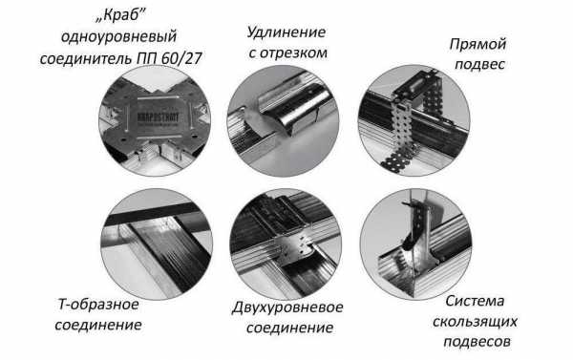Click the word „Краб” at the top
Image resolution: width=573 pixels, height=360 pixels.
click(x=120, y=16)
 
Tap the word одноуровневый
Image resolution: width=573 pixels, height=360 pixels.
click(x=118, y=37)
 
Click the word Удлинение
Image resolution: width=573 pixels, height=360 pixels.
click(x=286, y=32)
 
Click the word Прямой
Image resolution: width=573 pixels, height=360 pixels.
click(x=477, y=45)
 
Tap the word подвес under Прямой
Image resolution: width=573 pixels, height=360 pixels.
click(x=479, y=65)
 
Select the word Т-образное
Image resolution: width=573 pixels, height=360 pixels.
click(x=98, y=305)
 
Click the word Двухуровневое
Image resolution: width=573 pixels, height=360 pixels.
click(x=287, y=307)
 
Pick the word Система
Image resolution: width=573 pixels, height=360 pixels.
click(x=475, y=302)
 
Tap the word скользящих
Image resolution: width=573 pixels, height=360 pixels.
click(x=475, y=322)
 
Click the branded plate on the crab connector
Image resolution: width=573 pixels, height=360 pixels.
click(x=158, y=116)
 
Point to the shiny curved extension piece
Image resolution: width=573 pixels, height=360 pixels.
click(x=294, y=110)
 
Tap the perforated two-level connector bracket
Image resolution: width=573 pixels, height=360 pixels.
click(x=295, y=244)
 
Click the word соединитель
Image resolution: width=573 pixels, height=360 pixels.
click(x=87, y=58)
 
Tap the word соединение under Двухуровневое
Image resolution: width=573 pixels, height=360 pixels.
click(x=289, y=328)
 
